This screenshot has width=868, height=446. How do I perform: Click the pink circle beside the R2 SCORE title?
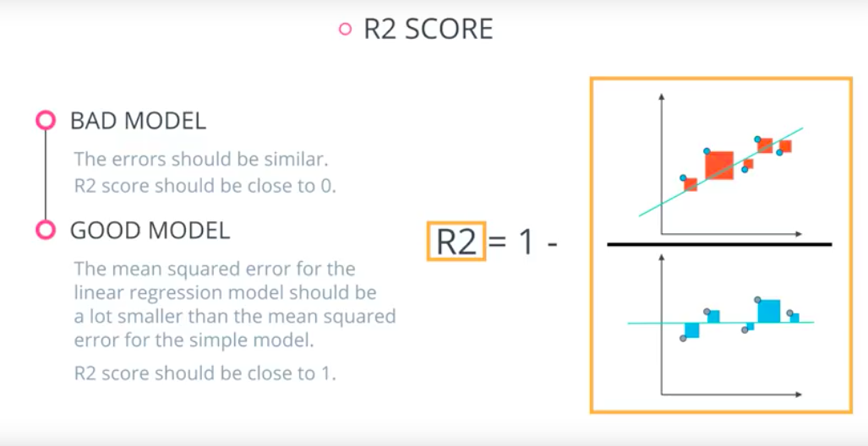[x=344, y=30]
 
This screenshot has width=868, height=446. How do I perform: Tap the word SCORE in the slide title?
[x=450, y=30]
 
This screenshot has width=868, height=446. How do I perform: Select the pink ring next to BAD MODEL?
[x=46, y=121]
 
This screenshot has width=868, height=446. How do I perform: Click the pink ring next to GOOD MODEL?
[x=46, y=230]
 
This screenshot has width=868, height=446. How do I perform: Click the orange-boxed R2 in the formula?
[x=456, y=242]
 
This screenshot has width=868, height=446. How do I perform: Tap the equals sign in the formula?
[x=499, y=243]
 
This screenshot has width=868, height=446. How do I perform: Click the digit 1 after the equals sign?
[x=526, y=242]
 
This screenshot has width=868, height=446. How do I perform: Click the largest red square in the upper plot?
[x=719, y=165]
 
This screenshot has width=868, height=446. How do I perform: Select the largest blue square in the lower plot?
[x=768, y=311]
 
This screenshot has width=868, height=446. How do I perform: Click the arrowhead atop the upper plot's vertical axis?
[x=661, y=97]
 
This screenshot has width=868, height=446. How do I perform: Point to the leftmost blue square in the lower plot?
[x=692, y=330]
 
